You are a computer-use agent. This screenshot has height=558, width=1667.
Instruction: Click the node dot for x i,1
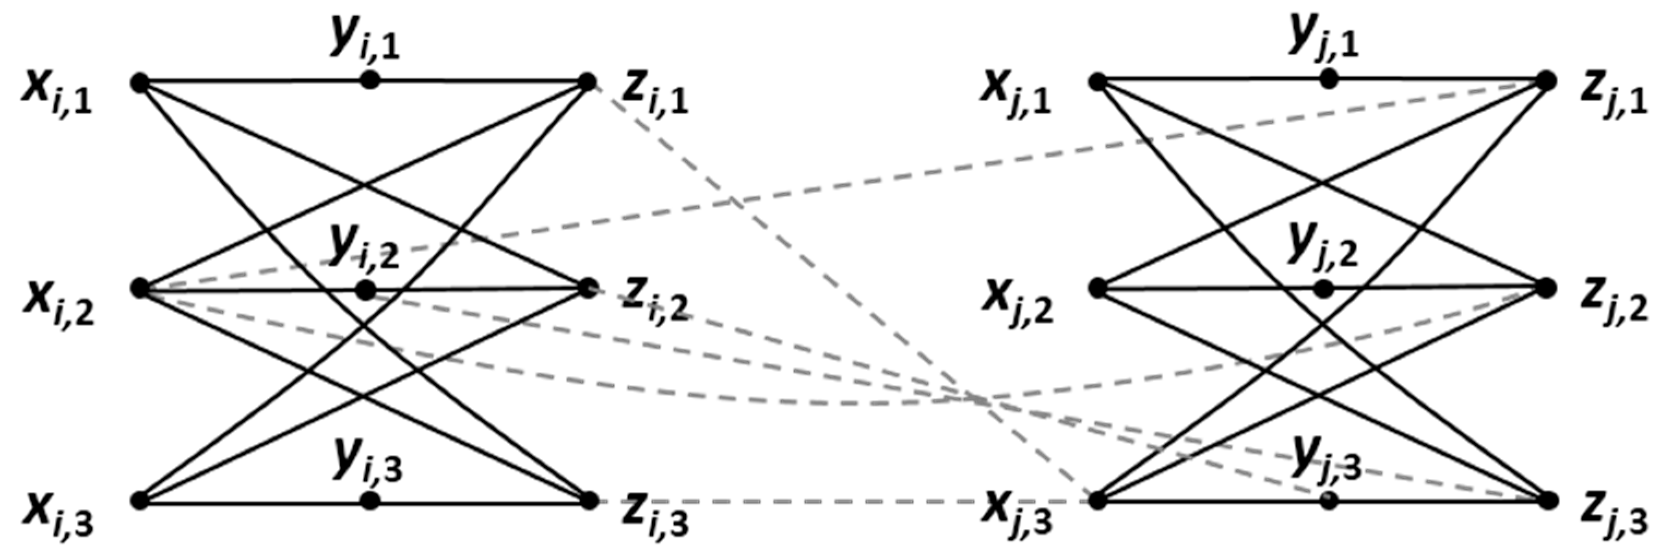coord(140,83)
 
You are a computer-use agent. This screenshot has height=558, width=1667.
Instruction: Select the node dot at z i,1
coord(588,82)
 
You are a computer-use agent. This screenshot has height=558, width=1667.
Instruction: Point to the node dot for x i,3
coord(140,500)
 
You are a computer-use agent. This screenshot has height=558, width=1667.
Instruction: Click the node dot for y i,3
coord(369,500)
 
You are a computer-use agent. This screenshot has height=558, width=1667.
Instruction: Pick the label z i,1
coord(654,97)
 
